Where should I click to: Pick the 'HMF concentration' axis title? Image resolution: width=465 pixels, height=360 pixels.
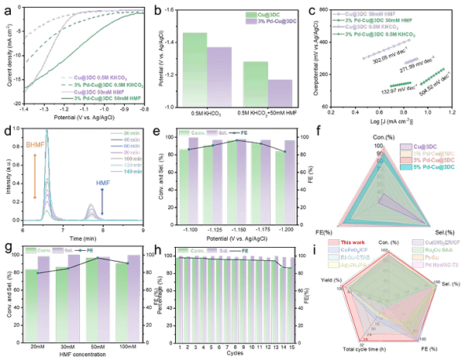pyautogui.click(x=80, y=346)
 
